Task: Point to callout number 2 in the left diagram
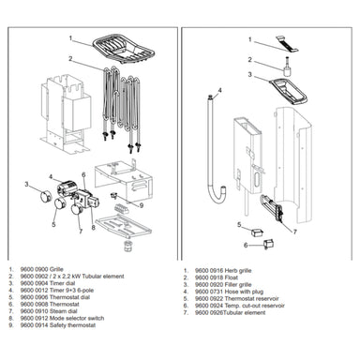pos(69,59)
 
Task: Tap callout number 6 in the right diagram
pos(245,245)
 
